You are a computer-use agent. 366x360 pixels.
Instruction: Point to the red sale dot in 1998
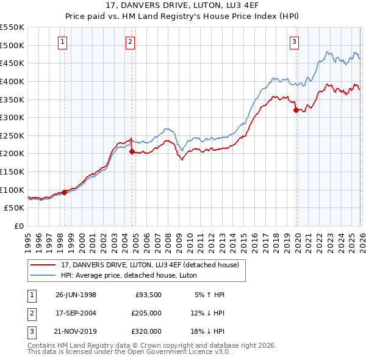click(x=65, y=192)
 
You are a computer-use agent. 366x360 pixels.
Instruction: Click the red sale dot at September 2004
click(x=132, y=152)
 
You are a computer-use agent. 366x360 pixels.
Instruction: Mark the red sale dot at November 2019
click(x=296, y=110)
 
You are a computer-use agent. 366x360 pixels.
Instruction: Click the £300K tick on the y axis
click(x=13, y=117)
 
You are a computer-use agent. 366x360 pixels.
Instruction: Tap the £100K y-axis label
click(x=13, y=190)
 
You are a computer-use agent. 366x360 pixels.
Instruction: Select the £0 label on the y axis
click(x=19, y=226)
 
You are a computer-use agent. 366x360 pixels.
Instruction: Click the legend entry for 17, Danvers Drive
click(x=152, y=264)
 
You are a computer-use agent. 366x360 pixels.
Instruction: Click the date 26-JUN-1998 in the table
click(x=76, y=295)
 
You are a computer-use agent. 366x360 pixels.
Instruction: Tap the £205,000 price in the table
click(x=146, y=313)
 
